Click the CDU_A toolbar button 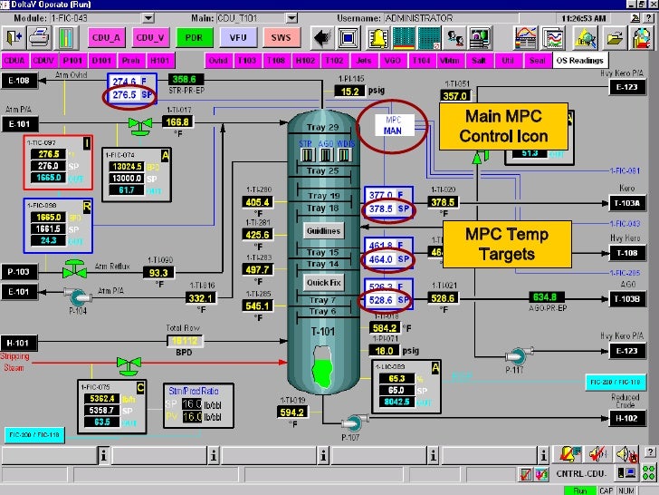tap(107, 37)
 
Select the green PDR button tap(194, 37)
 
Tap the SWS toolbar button tap(281, 37)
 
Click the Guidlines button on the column tap(322, 231)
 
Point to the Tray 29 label tap(322, 127)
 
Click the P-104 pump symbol tap(76, 295)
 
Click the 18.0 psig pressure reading tap(386, 350)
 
